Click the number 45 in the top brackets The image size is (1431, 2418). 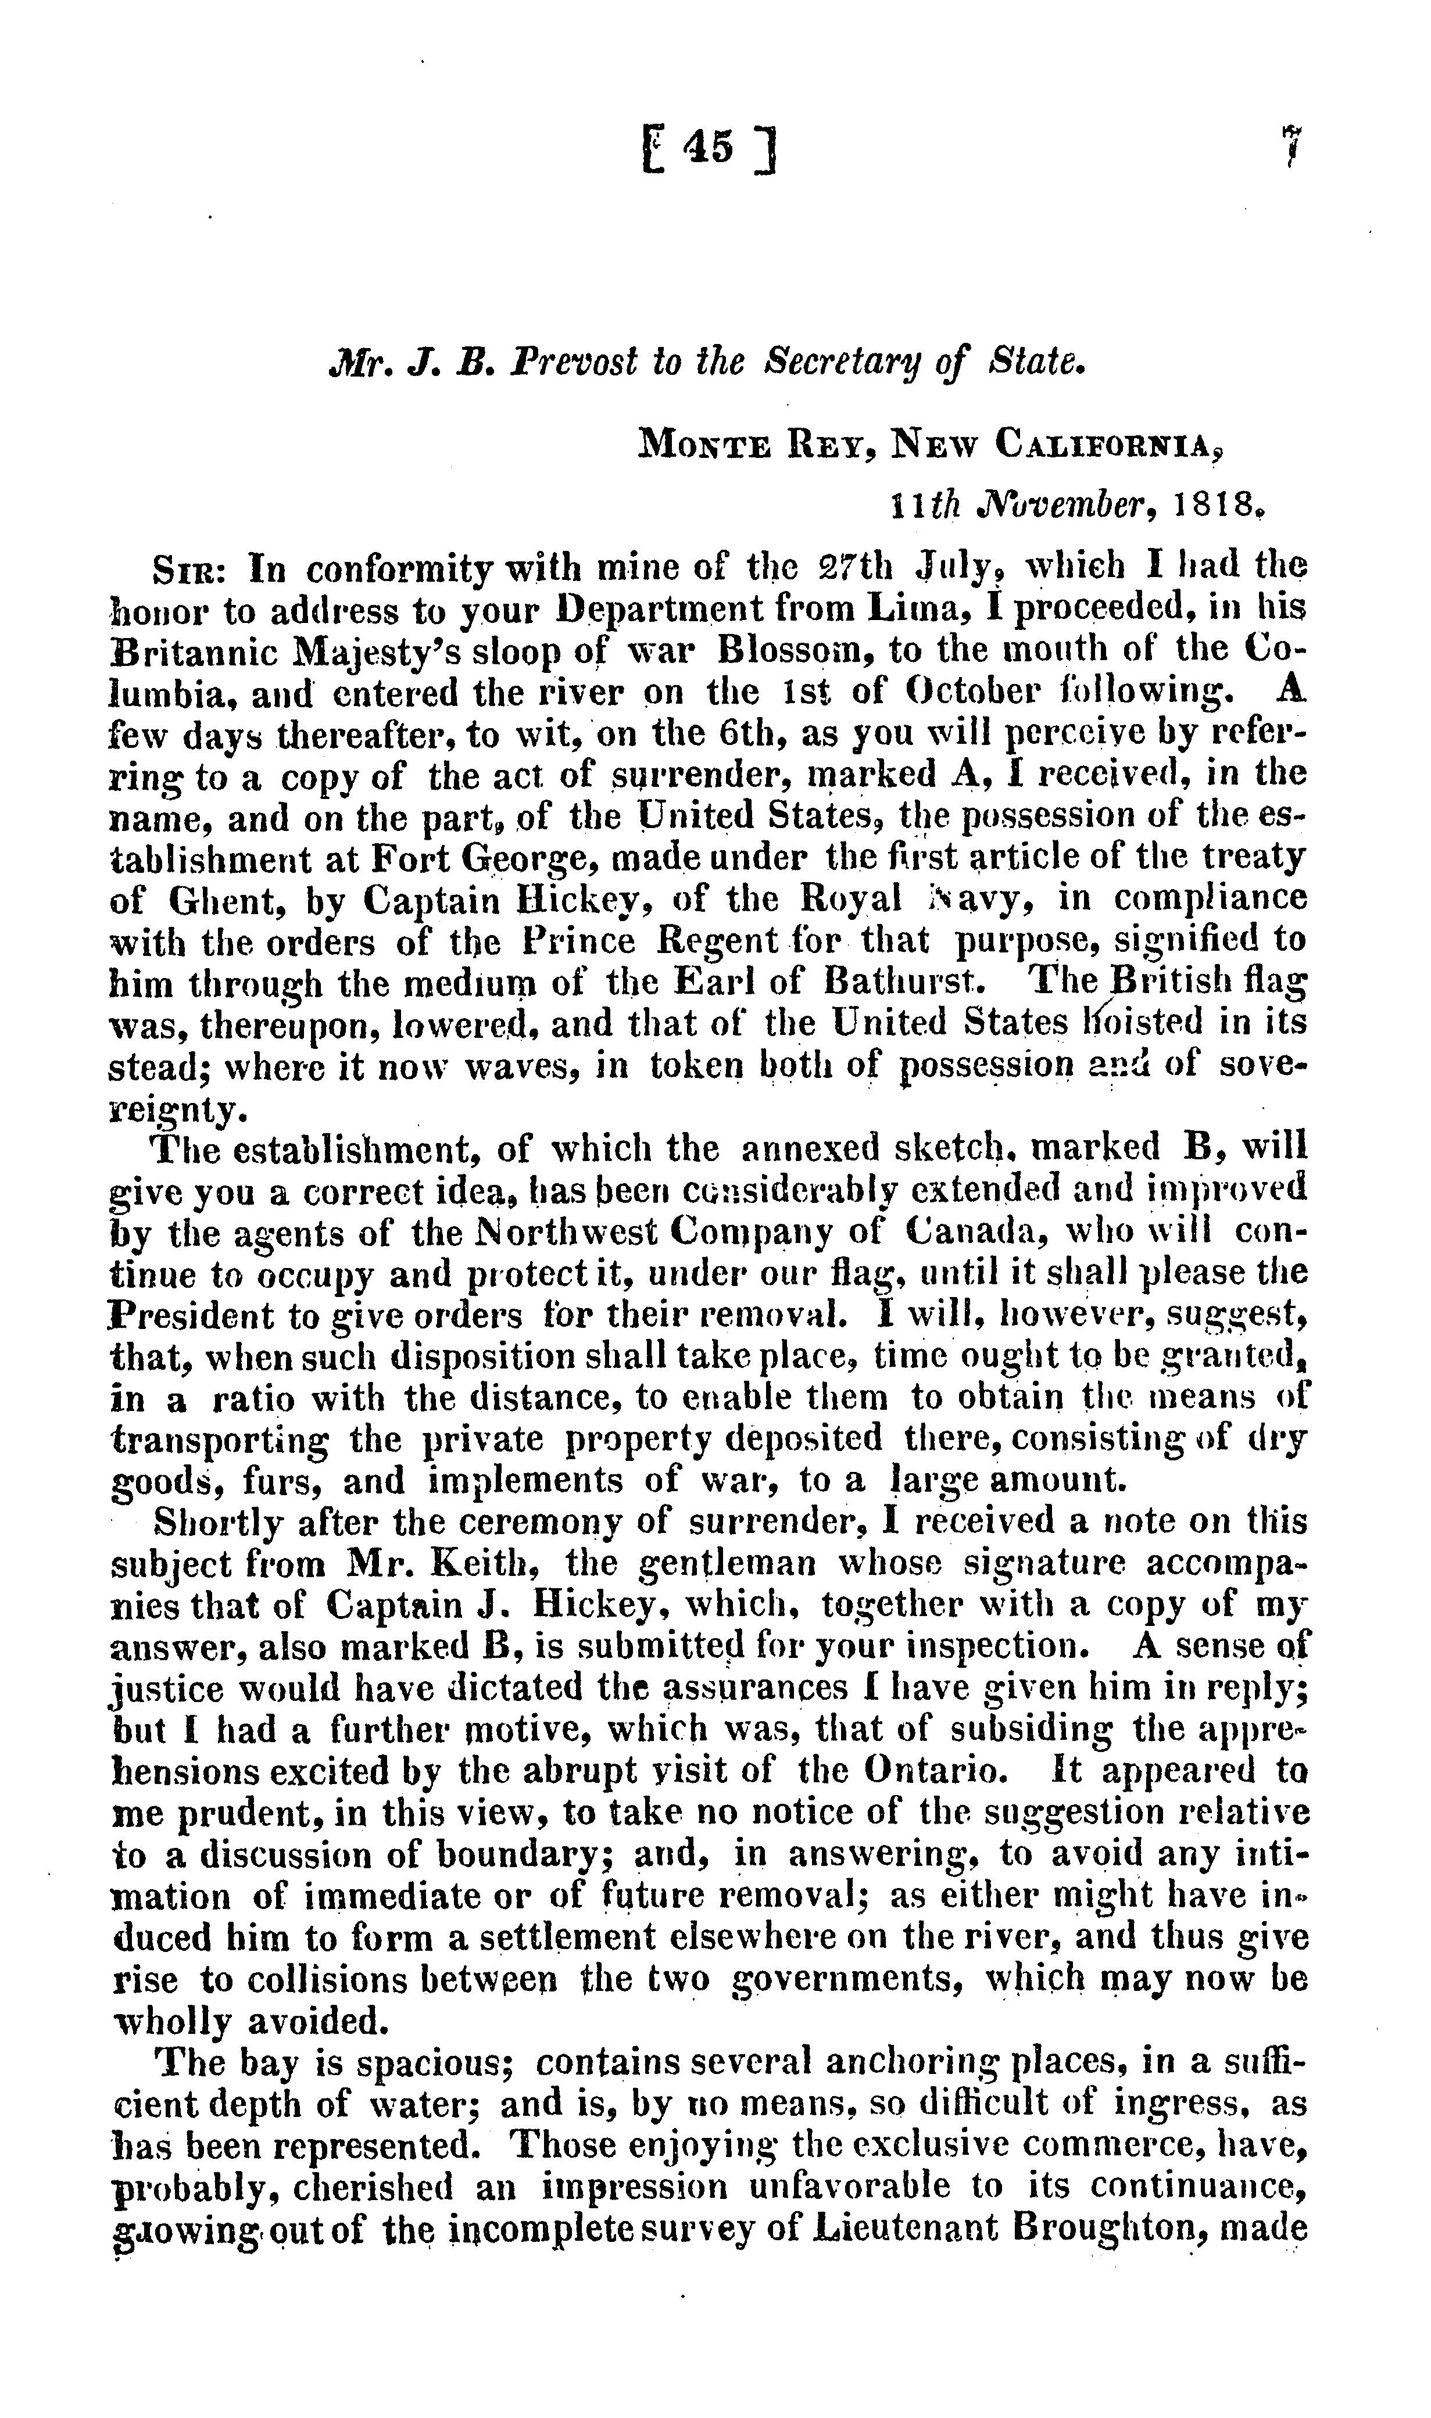709,149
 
